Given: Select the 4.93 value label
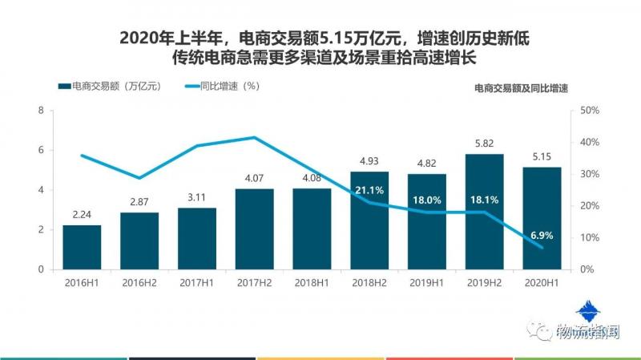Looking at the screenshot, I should click(369, 162).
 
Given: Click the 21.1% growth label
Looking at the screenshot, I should click(369, 190).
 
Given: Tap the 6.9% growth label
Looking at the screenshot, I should click(542, 236).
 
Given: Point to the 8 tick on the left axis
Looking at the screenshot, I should click(40, 110).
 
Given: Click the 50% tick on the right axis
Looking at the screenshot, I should click(589, 110).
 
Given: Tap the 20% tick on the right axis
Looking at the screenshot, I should click(589, 205).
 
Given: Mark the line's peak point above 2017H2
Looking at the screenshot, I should click(255, 138).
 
